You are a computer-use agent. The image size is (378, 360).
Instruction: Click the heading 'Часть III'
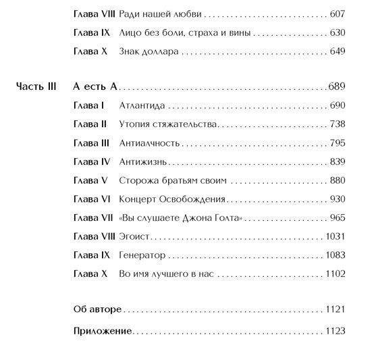pyautogui.click(x=35, y=87)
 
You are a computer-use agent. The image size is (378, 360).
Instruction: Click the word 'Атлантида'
pyautogui.click(x=142, y=106)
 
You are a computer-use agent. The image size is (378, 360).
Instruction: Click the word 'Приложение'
pyautogui.click(x=102, y=331)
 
